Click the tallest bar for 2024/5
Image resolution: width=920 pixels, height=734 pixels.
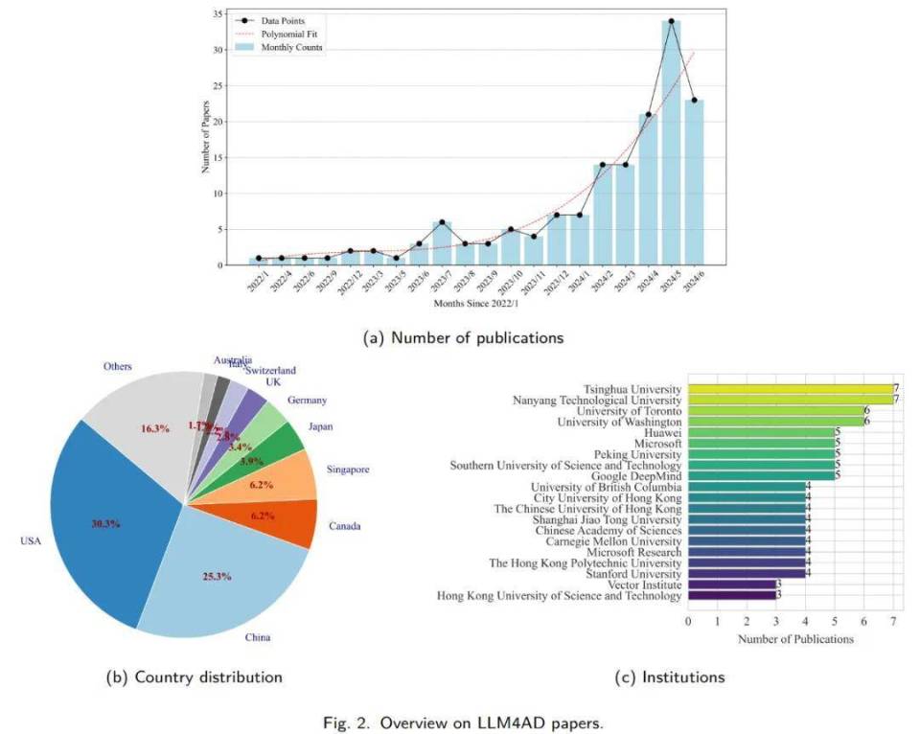tap(671, 144)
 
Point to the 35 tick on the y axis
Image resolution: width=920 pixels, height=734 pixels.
tap(218, 14)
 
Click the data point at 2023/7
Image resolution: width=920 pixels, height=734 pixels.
tap(441, 222)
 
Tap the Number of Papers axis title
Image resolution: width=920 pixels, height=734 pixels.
tap(205, 140)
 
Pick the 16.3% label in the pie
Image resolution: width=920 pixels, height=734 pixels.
tap(156, 429)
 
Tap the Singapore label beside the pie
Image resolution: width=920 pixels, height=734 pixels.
tap(348, 470)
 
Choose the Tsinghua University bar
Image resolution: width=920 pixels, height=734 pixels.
tap(790, 389)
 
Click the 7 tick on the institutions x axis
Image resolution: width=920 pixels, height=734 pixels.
tap(893, 622)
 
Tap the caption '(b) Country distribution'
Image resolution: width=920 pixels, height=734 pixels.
tap(194, 677)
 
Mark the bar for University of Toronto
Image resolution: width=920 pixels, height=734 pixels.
tap(775, 410)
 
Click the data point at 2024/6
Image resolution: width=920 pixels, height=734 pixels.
tap(695, 100)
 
